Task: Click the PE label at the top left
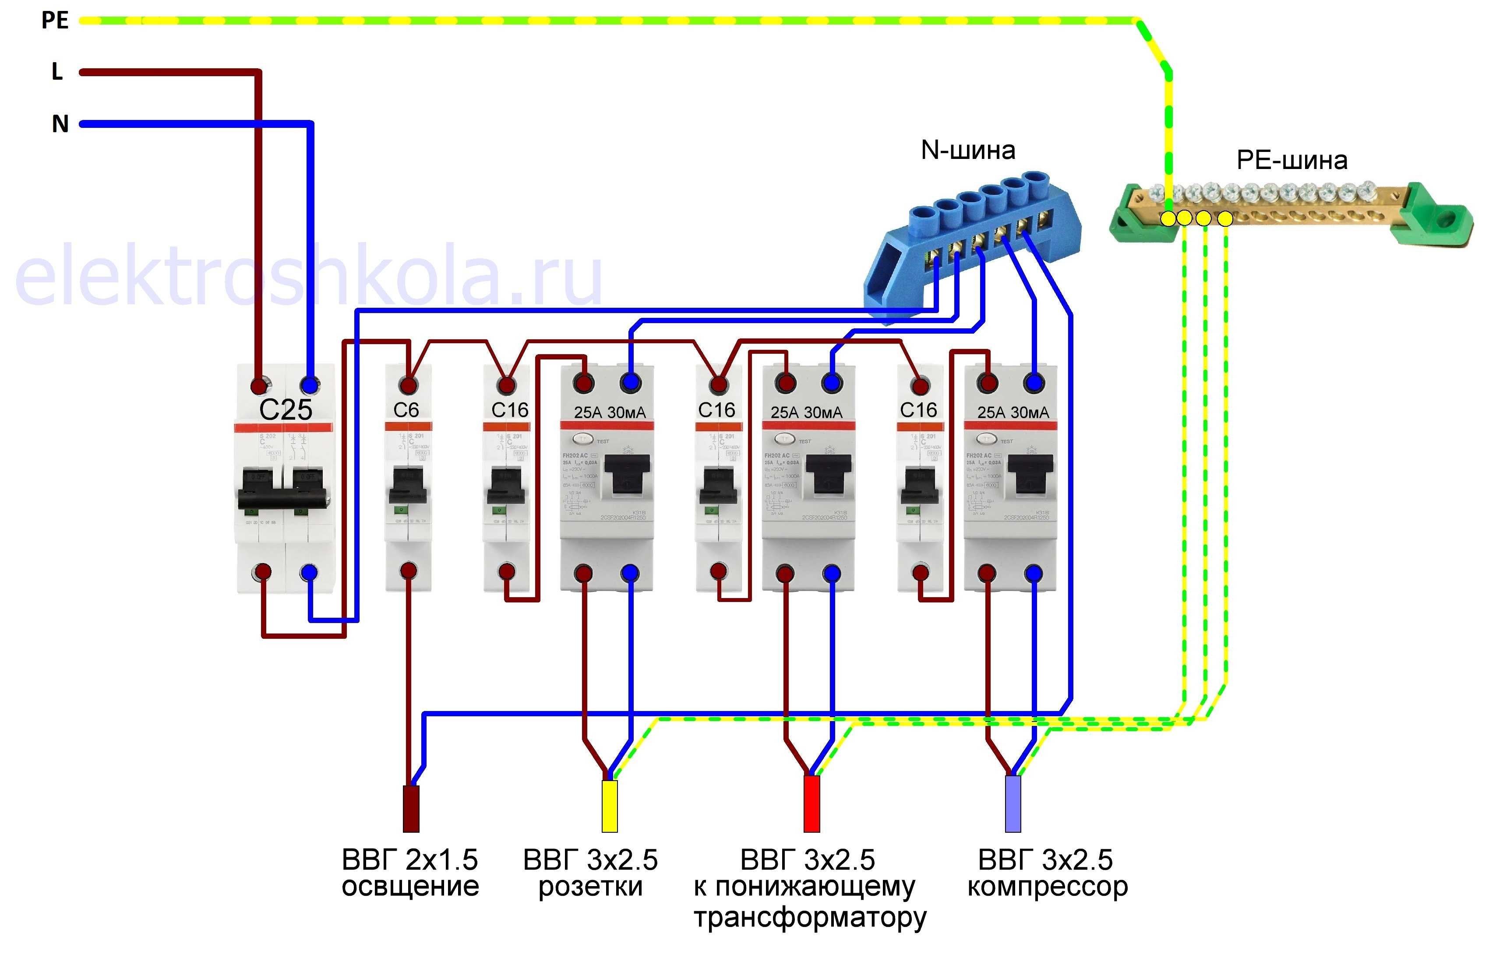click(55, 20)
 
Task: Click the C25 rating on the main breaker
click(285, 409)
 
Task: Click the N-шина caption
click(968, 150)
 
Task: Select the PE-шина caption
click(1292, 160)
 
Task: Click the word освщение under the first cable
click(410, 886)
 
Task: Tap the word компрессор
click(1048, 887)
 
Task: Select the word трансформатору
click(810, 917)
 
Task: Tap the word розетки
click(590, 887)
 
